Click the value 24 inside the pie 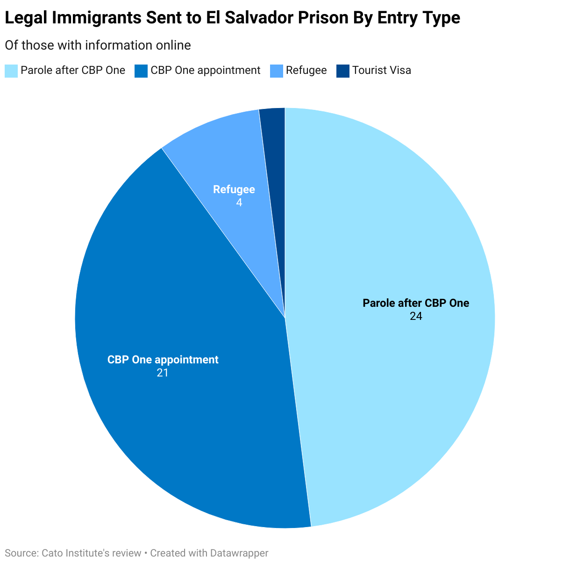point(416,317)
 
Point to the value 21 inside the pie point(163,373)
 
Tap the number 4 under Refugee point(239,203)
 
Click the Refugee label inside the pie point(234,189)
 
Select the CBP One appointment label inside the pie point(163,360)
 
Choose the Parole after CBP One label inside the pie point(416,303)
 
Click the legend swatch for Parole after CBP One point(11,71)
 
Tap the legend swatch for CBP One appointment point(141,71)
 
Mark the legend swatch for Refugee point(277,71)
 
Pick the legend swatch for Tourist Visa point(343,71)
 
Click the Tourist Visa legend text point(381,71)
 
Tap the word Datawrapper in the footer point(239,553)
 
